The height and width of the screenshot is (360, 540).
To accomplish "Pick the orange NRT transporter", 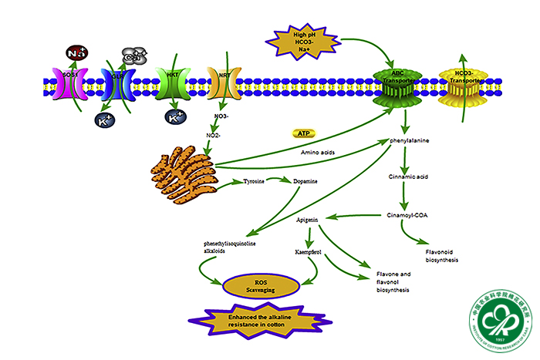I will coord(223,83).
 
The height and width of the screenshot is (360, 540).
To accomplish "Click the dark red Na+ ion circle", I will coord(76,53).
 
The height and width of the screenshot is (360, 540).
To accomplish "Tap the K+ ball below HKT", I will coord(175,118).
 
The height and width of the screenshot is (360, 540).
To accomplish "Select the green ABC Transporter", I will coord(399,84).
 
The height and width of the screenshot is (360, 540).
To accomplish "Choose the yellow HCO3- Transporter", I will coord(461,83).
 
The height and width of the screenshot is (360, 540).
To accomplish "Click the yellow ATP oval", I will coord(303,133).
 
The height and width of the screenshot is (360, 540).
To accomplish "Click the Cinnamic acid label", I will coord(408,177).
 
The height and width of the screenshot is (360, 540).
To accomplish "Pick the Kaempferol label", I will coord(309,252).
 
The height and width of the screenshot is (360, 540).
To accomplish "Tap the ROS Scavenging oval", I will coord(262,285).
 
